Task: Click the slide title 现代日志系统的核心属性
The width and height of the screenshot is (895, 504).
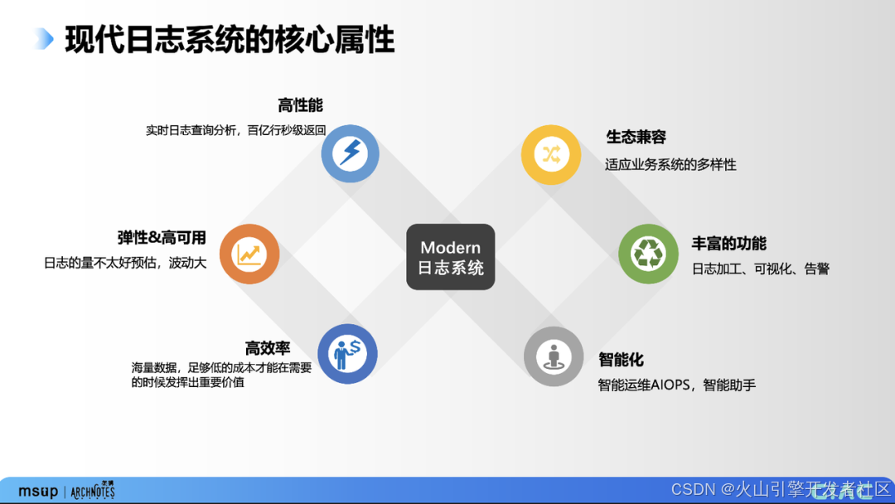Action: tap(230, 40)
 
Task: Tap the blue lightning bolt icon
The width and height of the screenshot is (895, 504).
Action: tap(350, 153)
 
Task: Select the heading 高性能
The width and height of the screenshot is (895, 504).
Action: tap(300, 105)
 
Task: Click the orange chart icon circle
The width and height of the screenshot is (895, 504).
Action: tap(249, 254)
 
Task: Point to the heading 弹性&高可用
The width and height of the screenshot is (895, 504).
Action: tap(162, 238)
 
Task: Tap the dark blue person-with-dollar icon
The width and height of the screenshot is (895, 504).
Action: tap(347, 354)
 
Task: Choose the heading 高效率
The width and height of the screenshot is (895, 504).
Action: tap(267, 348)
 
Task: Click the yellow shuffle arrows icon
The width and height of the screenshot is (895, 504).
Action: tap(550, 154)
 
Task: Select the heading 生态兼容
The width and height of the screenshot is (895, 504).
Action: tap(636, 137)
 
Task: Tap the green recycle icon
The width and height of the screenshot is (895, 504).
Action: tap(648, 254)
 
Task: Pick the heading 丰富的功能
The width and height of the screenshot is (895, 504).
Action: tap(728, 243)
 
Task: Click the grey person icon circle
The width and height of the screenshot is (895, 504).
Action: tap(553, 356)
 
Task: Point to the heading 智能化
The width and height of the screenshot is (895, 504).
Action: tap(621, 360)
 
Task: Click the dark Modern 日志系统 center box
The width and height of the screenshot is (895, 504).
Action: tap(450, 257)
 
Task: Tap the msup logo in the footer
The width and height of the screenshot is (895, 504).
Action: tap(38, 492)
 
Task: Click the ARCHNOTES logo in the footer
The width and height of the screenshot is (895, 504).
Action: tap(93, 491)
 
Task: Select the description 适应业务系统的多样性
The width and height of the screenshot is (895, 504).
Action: tap(670, 164)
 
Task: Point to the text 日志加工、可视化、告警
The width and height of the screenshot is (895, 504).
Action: tap(760, 269)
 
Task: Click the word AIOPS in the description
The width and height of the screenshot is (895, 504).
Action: tap(670, 385)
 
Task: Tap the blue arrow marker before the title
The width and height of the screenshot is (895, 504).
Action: tap(44, 39)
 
